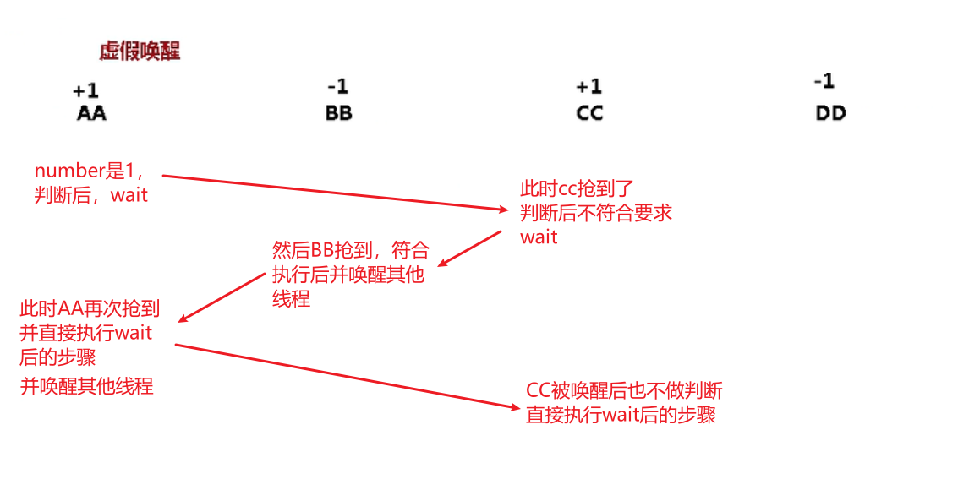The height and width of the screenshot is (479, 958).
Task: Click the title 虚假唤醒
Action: click(140, 52)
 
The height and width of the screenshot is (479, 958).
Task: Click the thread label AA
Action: click(91, 113)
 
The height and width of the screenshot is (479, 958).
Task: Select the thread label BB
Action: click(338, 113)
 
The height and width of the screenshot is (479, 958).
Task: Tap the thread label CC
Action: click(589, 113)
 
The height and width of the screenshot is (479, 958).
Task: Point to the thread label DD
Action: click(830, 113)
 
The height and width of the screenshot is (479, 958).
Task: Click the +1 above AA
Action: click(85, 90)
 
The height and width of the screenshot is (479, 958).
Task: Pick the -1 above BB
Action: click(337, 86)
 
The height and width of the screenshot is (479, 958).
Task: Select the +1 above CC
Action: click(588, 86)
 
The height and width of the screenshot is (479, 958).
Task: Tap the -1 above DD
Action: click(824, 81)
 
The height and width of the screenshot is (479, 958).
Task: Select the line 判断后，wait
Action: click(90, 195)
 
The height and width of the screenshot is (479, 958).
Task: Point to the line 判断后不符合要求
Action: click(596, 212)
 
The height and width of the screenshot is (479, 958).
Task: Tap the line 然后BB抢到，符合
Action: click(351, 250)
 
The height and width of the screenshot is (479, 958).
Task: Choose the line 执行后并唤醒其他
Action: click(348, 275)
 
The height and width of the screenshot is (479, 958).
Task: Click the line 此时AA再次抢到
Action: click(90, 308)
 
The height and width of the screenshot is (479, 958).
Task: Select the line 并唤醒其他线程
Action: click(86, 386)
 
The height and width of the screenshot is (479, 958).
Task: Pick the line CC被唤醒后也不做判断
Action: click(624, 390)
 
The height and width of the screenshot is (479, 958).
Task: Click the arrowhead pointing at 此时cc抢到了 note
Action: click(510, 210)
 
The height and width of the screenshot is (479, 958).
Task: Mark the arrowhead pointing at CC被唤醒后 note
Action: click(515, 407)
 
